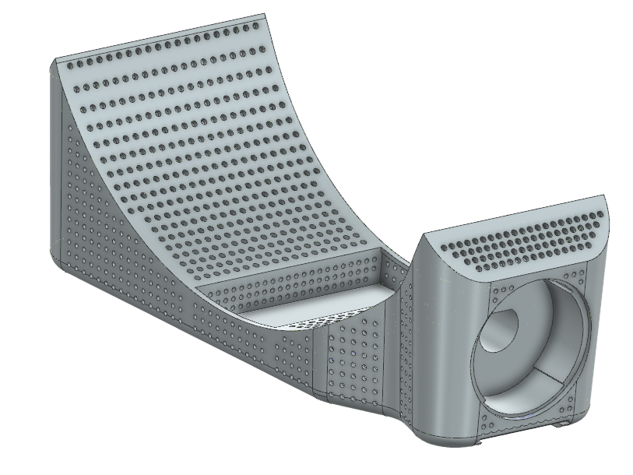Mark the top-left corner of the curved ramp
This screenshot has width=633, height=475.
tap(53, 59)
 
